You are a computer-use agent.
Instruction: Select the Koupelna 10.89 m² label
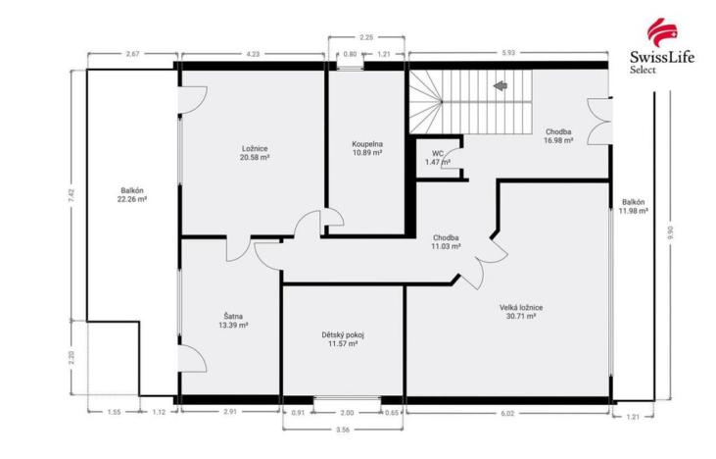(367, 148)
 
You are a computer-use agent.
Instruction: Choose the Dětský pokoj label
(343, 339)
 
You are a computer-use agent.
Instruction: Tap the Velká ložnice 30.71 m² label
(520, 312)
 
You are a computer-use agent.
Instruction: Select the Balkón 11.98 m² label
(634, 208)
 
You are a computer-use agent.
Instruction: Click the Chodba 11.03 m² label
(446, 242)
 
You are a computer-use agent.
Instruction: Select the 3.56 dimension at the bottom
(342, 429)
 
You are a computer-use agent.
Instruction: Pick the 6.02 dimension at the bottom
(507, 414)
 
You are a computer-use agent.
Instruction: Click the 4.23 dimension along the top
(252, 52)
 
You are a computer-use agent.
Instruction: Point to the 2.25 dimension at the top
(365, 37)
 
